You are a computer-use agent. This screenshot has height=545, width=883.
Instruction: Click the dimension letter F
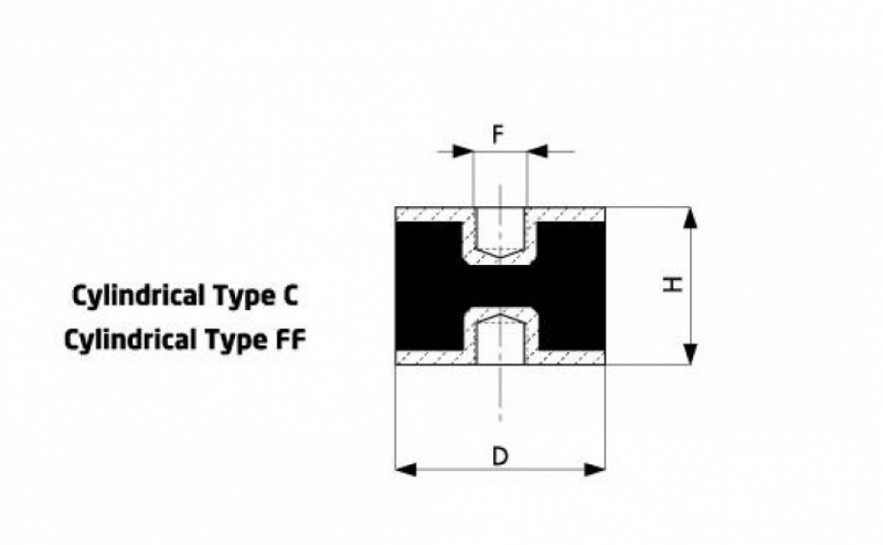pyautogui.click(x=498, y=135)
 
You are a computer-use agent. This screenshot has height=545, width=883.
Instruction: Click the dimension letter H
pyautogui.click(x=673, y=284)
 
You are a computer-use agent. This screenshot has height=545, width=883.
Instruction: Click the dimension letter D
pyautogui.click(x=500, y=456)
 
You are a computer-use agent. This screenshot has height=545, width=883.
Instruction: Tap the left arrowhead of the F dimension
pyautogui.click(x=464, y=152)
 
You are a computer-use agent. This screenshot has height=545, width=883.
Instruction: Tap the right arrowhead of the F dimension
pyautogui.click(x=537, y=152)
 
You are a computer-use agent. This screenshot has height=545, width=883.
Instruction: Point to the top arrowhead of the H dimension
pyautogui.click(x=690, y=219)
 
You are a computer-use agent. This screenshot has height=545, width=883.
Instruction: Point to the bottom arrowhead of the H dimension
pyautogui.click(x=690, y=354)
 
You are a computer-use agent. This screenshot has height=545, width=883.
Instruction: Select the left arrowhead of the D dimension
pyautogui.click(x=407, y=469)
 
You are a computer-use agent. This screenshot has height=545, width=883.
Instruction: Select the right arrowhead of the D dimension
pyautogui.click(x=595, y=469)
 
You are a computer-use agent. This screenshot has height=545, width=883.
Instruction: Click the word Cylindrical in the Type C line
pyautogui.click(x=138, y=296)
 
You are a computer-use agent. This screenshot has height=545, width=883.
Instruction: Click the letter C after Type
pyautogui.click(x=290, y=295)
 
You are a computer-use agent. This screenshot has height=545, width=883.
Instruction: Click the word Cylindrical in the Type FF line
pyautogui.click(x=131, y=341)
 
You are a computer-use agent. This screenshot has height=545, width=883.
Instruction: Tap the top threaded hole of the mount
pyautogui.click(x=500, y=232)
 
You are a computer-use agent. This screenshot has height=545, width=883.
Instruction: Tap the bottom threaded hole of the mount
pyautogui.click(x=500, y=340)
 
